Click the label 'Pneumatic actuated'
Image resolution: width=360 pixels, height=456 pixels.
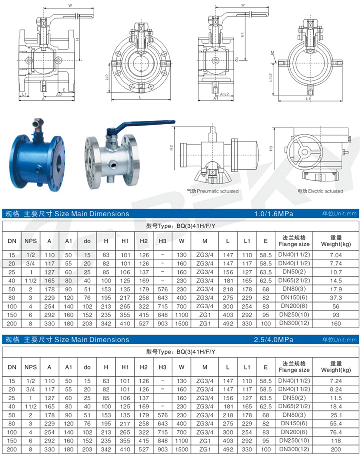(x=218, y=191)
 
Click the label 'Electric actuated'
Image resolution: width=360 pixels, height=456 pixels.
(x=325, y=191)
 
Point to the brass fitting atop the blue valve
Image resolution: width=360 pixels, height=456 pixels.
(x=37, y=125)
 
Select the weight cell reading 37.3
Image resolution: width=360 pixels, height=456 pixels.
(x=336, y=298)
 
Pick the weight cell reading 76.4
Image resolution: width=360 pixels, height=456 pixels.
(x=336, y=432)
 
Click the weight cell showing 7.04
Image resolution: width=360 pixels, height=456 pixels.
(x=336, y=255)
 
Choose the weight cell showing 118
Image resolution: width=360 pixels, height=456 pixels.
(x=336, y=441)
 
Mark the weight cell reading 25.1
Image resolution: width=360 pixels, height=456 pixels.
(x=336, y=415)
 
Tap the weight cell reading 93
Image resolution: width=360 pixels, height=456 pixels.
(x=336, y=315)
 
